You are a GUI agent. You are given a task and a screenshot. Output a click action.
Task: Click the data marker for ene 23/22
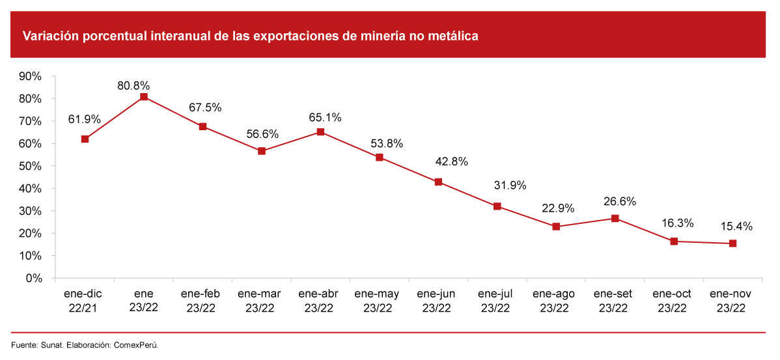144,97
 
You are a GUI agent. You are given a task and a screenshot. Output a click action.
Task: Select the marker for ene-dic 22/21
85,139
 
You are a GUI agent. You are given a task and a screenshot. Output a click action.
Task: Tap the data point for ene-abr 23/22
320,132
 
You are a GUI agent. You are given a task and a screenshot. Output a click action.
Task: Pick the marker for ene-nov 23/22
732,243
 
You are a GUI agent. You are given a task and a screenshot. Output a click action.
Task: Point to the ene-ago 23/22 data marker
556,227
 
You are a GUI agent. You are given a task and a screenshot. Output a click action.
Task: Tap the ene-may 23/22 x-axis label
379,301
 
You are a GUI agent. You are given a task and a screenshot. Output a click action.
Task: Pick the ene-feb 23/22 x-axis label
202,301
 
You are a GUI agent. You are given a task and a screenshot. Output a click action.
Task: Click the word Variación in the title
49,36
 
